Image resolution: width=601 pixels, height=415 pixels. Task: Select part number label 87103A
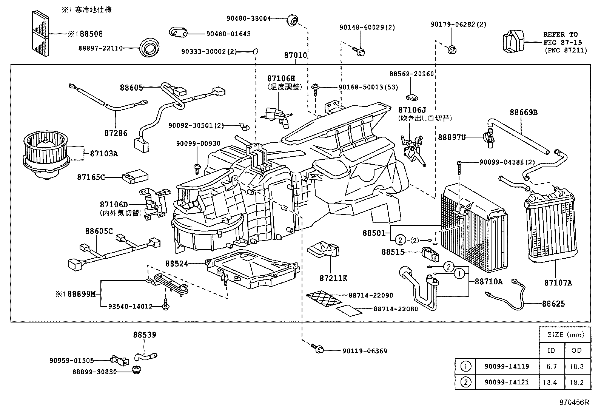[104, 154]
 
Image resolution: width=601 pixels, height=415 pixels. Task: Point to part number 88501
[373, 233]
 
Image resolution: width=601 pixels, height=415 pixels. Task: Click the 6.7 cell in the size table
[551, 366]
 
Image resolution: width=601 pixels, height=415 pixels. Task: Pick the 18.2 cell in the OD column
[576, 382]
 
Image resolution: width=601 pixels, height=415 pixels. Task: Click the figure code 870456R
[574, 403]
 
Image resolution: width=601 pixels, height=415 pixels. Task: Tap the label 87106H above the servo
[280, 79]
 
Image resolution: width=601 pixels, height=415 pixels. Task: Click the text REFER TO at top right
[560, 34]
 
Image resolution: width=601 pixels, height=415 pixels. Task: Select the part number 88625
[553, 304]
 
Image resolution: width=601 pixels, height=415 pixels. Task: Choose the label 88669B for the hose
[523, 112]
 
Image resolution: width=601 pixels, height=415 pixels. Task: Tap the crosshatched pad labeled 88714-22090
[324, 298]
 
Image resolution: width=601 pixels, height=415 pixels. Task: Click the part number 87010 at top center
[295, 56]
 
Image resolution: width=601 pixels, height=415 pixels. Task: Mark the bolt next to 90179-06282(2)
[452, 49]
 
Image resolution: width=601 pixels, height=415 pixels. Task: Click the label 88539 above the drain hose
[144, 335]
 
